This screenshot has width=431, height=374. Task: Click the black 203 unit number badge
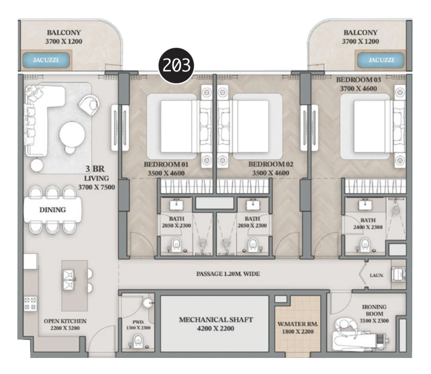point(177,66)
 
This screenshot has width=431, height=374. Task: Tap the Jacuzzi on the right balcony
point(381,60)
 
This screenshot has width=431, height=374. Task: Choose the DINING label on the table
point(53,210)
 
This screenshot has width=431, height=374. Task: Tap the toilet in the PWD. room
point(138,341)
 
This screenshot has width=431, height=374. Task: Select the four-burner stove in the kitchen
point(31,304)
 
